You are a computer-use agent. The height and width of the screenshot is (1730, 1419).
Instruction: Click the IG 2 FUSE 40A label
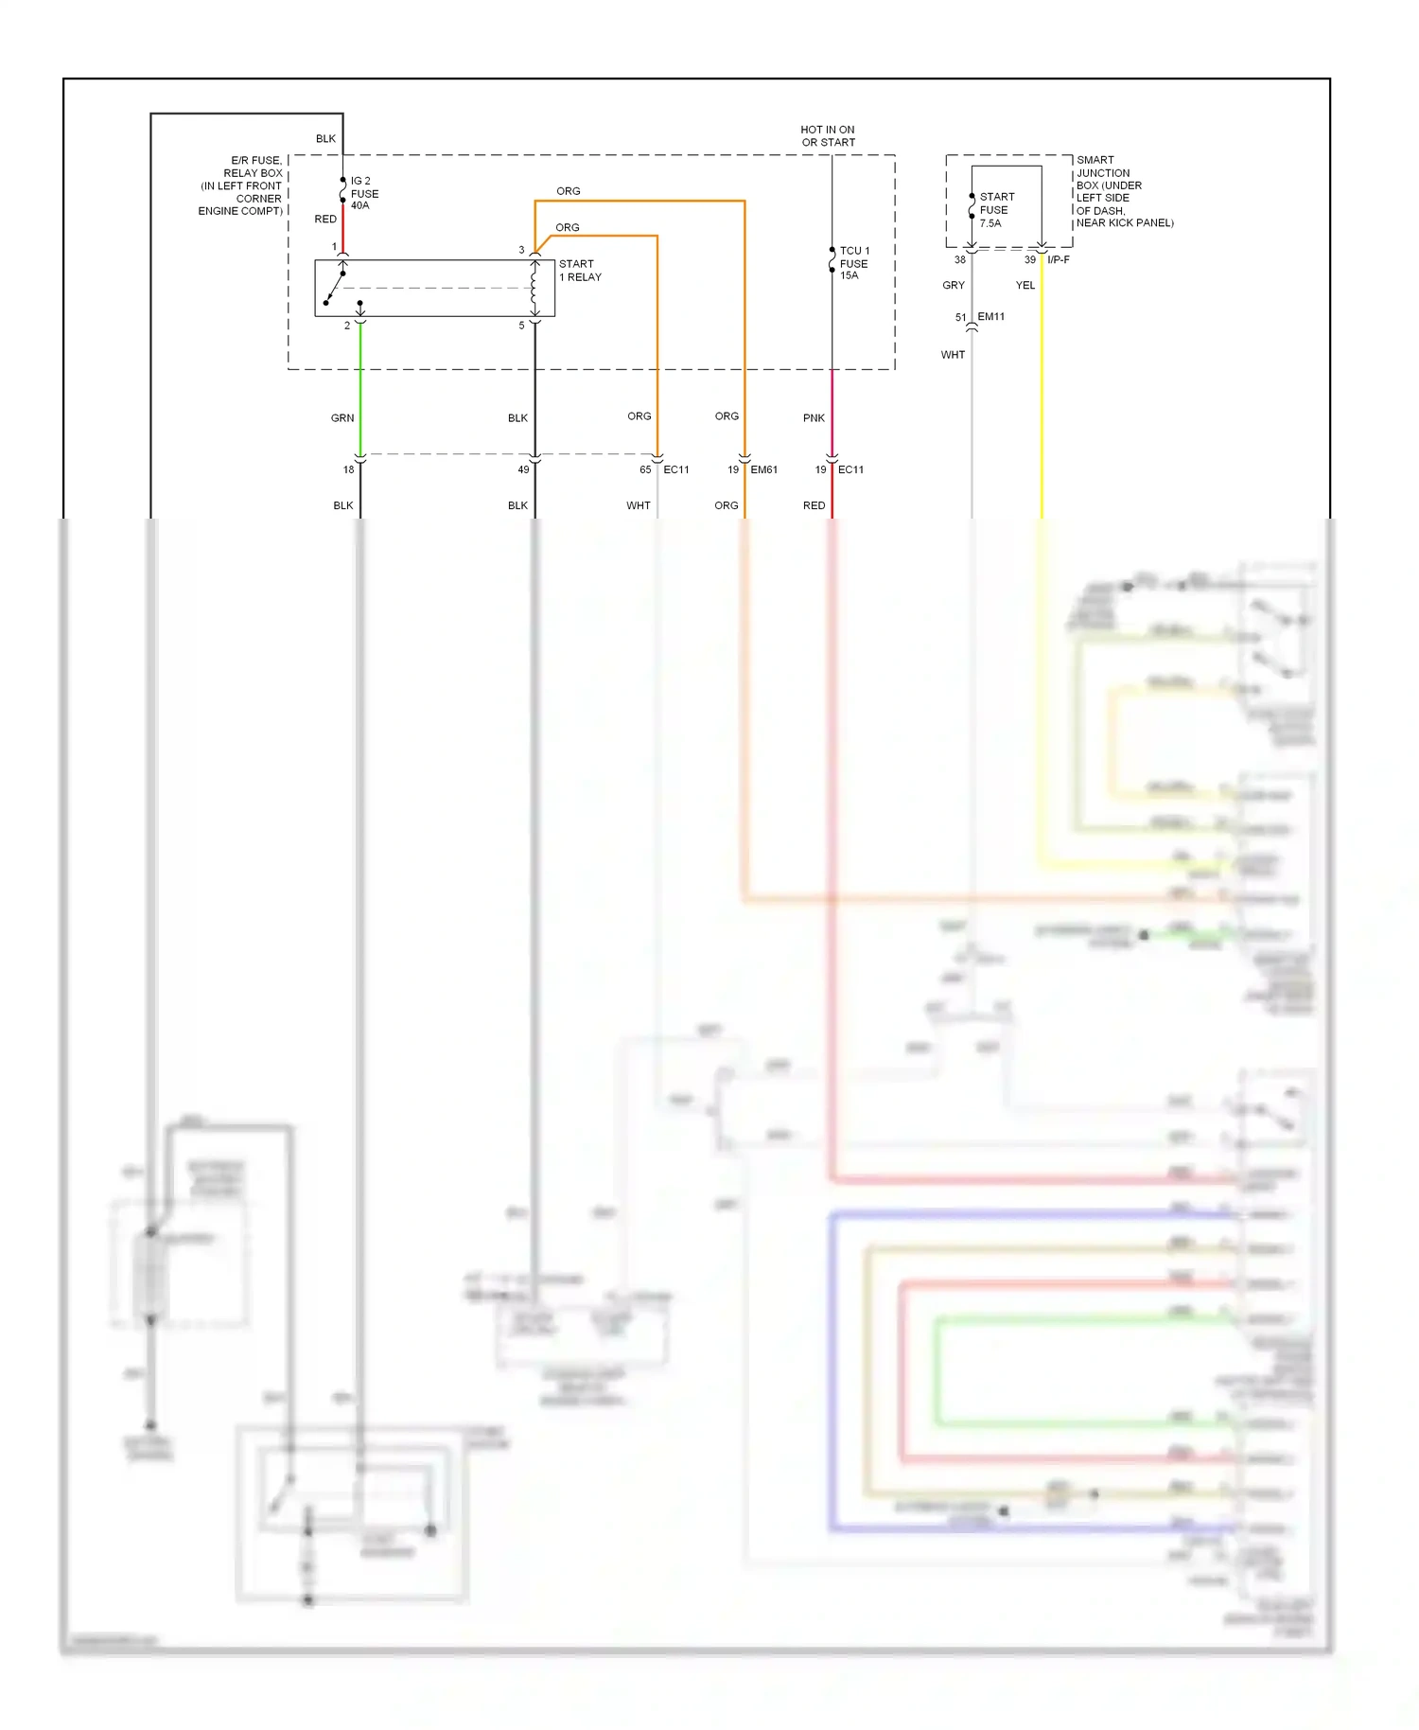363,193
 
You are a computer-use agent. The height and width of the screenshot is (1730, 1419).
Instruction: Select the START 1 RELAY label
579,271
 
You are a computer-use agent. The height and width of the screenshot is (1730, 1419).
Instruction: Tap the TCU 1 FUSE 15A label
853,263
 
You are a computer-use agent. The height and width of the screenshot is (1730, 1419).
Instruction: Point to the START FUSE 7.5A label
996,210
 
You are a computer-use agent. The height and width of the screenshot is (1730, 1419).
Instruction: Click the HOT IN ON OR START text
828,136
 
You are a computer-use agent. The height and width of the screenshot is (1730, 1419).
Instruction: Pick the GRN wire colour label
342,418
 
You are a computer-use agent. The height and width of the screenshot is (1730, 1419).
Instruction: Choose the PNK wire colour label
814,418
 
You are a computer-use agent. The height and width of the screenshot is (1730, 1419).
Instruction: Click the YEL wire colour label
1025,286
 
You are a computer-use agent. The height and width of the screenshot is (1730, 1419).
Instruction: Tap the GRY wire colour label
954,286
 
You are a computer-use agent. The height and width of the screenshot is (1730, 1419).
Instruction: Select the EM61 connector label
764,470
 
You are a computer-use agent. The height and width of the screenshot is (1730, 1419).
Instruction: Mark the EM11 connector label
990,317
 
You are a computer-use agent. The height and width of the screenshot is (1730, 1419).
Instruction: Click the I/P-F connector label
1059,260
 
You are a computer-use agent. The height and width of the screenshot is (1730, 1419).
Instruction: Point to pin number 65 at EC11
645,470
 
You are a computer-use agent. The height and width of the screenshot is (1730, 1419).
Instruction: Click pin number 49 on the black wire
523,470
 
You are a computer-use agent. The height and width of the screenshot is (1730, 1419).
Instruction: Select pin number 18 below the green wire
348,470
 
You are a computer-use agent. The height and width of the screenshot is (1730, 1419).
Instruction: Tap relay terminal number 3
521,251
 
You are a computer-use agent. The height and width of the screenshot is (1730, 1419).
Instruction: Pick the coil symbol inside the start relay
534,288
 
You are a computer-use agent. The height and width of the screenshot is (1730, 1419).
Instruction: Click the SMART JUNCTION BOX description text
1124,192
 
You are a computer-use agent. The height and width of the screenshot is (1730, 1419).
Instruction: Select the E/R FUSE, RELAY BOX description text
241,186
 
